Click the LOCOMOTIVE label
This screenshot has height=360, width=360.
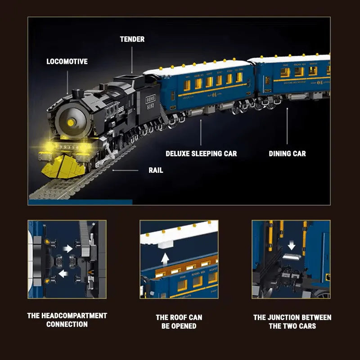[x=67, y=61]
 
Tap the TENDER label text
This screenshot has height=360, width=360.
[x=132, y=39]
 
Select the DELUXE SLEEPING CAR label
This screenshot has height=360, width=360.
[x=201, y=153]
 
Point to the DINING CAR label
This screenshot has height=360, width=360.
[x=287, y=153]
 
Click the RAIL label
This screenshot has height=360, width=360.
[x=156, y=170]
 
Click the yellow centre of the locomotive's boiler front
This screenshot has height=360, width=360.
[x=71, y=122]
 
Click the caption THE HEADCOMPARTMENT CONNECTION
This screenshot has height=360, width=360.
[x=67, y=320]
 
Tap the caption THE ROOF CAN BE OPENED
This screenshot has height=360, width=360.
[x=179, y=321]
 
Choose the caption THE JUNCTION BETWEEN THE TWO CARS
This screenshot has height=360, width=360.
[x=292, y=321]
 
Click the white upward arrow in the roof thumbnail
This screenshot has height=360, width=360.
[x=165, y=258]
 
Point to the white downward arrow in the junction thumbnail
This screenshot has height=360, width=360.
[x=292, y=245]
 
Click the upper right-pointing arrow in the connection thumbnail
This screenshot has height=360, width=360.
[x=67, y=248]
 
